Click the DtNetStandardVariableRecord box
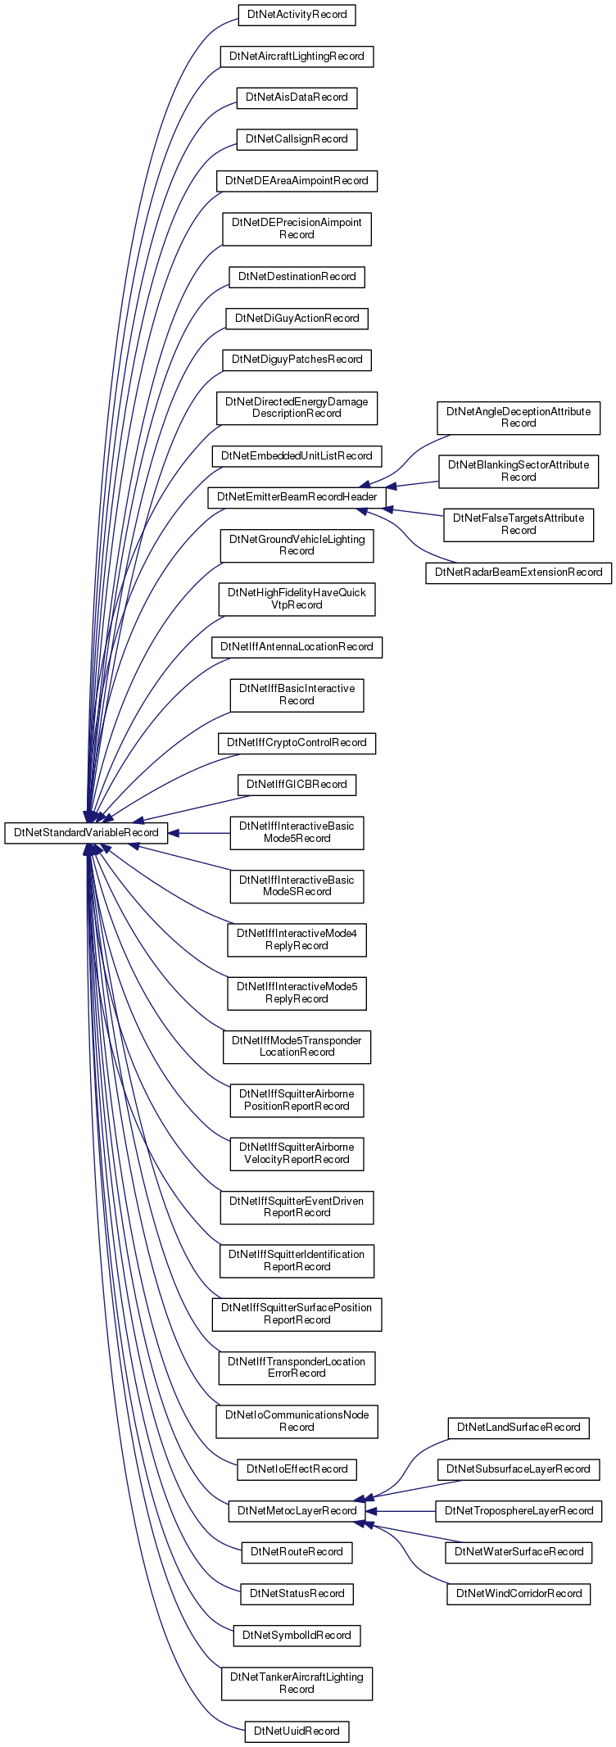(x=86, y=833)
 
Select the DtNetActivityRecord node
(x=297, y=15)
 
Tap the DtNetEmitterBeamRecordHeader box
(x=297, y=497)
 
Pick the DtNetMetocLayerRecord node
(x=297, y=1510)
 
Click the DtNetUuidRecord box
(x=297, y=1731)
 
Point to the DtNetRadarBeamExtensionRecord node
(x=519, y=573)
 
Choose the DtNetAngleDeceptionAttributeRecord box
(x=519, y=418)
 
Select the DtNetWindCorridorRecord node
(x=519, y=1593)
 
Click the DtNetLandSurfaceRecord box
(x=519, y=1428)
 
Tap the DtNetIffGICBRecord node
(x=297, y=785)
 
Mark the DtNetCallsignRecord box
(x=297, y=139)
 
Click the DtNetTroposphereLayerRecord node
(x=519, y=1510)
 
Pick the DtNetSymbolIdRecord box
(x=297, y=1635)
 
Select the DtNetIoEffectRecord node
(x=297, y=1469)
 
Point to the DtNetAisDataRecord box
(x=297, y=97)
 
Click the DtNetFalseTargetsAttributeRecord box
(x=519, y=524)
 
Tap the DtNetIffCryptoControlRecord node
(x=297, y=743)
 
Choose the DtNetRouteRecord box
(x=297, y=1552)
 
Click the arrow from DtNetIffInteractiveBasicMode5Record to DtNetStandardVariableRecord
(x=199, y=833)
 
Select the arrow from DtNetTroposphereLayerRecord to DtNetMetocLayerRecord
(x=401, y=1510)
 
